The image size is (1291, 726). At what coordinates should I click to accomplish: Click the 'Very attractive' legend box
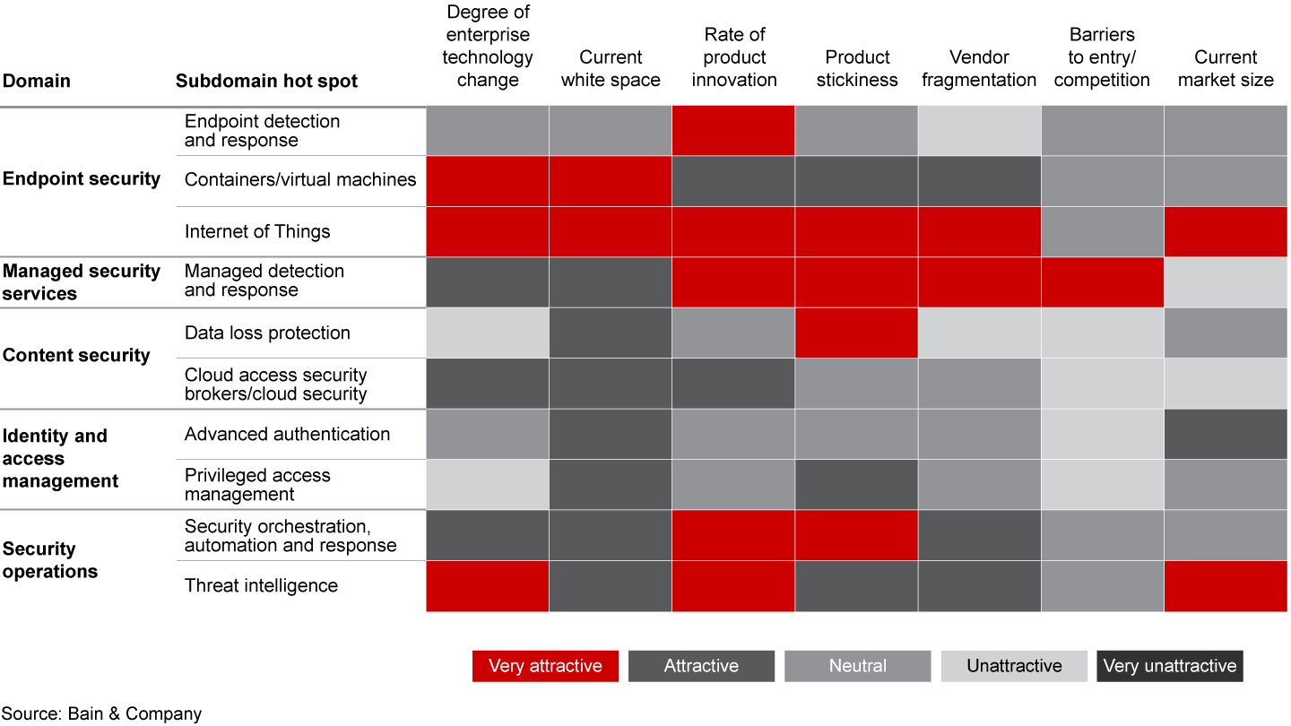(545, 666)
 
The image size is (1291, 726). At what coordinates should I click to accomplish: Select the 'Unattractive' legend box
(1014, 666)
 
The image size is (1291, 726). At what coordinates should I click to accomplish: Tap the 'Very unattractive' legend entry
(1169, 666)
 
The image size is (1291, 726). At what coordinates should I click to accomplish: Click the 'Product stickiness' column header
(856, 68)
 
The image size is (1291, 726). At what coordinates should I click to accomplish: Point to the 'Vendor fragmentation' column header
(979, 68)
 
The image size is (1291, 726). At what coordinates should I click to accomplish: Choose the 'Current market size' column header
(1226, 68)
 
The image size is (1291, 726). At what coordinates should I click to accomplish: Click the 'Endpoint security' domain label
(82, 178)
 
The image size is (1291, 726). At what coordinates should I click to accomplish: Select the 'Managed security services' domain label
(82, 282)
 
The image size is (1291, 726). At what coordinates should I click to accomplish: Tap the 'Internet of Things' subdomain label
(257, 231)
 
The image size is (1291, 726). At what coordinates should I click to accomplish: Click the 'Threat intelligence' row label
(261, 586)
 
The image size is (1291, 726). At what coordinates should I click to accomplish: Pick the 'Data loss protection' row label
(267, 333)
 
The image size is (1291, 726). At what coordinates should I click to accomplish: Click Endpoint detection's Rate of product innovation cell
(733, 131)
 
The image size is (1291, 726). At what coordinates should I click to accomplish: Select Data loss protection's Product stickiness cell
(856, 333)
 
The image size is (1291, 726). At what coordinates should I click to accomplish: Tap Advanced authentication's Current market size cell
(1226, 435)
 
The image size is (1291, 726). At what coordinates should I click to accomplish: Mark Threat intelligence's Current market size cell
(1226, 586)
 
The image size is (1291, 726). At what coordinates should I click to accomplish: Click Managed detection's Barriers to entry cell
(1103, 282)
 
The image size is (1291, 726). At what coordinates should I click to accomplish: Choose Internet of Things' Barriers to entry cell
(1103, 231)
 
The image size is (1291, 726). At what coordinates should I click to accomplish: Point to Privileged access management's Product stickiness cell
(856, 485)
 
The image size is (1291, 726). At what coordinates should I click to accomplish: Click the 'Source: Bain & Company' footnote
(101, 713)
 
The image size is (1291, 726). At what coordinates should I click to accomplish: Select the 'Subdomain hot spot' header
(266, 81)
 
